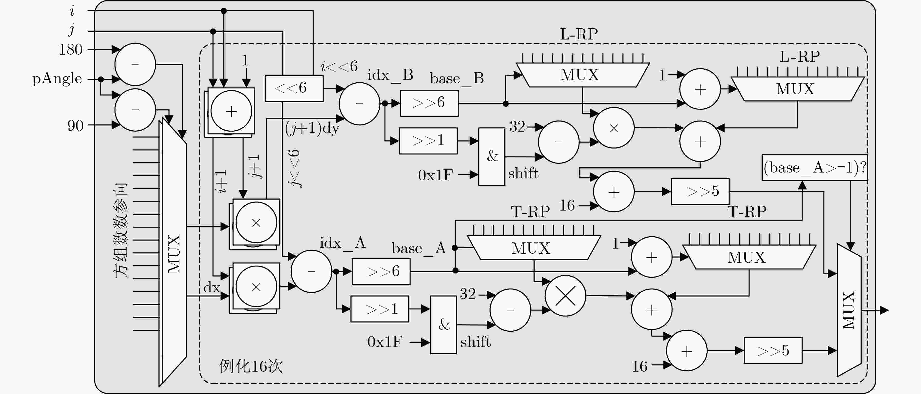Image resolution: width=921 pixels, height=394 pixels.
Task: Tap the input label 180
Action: [x=70, y=49]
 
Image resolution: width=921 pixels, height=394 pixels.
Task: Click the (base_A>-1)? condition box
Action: [x=815, y=168]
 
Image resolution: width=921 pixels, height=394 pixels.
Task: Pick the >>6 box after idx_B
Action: [x=429, y=103]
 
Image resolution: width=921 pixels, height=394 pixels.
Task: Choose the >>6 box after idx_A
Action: [x=381, y=271]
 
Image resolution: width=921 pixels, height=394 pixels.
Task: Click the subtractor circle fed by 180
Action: [x=135, y=64]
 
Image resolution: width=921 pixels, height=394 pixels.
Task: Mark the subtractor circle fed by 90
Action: [x=135, y=110]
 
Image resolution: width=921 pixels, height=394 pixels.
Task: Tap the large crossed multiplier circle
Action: [x=565, y=296]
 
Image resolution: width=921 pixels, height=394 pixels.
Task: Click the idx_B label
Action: [x=390, y=76]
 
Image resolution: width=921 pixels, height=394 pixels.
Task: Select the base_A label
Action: [x=419, y=248]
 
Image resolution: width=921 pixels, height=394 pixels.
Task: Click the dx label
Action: [x=212, y=288]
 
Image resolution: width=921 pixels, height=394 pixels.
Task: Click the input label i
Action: [x=72, y=11]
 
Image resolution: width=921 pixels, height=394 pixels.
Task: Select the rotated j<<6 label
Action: [x=295, y=168]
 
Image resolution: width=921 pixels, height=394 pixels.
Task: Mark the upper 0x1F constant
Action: [x=435, y=175]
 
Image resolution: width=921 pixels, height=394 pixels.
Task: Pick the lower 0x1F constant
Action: [x=385, y=342]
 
